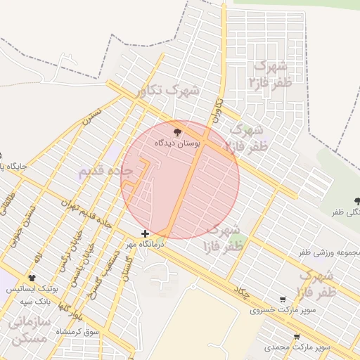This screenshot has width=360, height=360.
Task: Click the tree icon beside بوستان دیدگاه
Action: tap(177, 131)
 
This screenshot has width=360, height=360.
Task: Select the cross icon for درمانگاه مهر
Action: tap(145, 233)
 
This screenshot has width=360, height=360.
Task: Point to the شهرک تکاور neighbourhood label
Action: tap(169, 91)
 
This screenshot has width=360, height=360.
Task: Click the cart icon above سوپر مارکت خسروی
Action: tap(283, 300)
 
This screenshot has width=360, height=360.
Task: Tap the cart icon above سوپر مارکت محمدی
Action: tap(297, 337)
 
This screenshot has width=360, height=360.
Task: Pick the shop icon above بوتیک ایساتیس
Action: tap(32, 278)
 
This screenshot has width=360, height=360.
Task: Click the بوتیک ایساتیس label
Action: tap(31, 290)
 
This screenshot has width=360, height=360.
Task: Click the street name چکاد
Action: tap(242, 293)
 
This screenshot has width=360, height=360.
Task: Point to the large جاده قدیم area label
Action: tap(105, 171)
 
